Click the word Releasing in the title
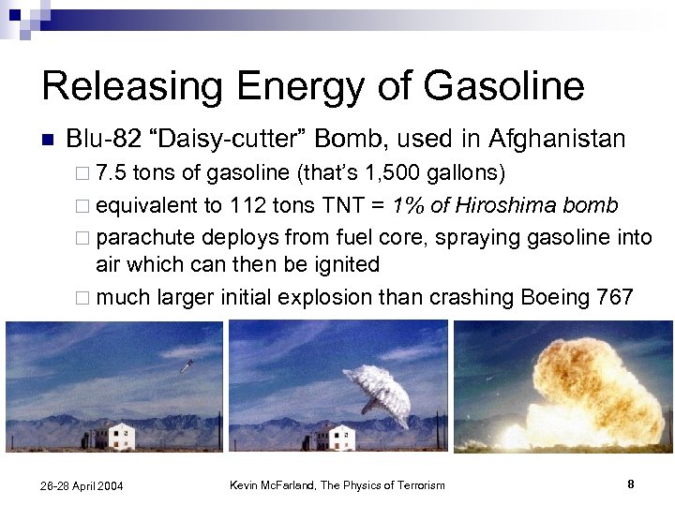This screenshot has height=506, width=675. pyautogui.click(x=136, y=87)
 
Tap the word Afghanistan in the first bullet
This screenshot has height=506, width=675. pyautogui.click(x=556, y=140)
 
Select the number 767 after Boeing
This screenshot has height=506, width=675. pyautogui.click(x=616, y=297)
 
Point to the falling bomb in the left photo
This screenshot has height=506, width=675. pyautogui.click(x=187, y=365)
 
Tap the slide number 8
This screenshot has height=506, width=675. pyautogui.click(x=631, y=484)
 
